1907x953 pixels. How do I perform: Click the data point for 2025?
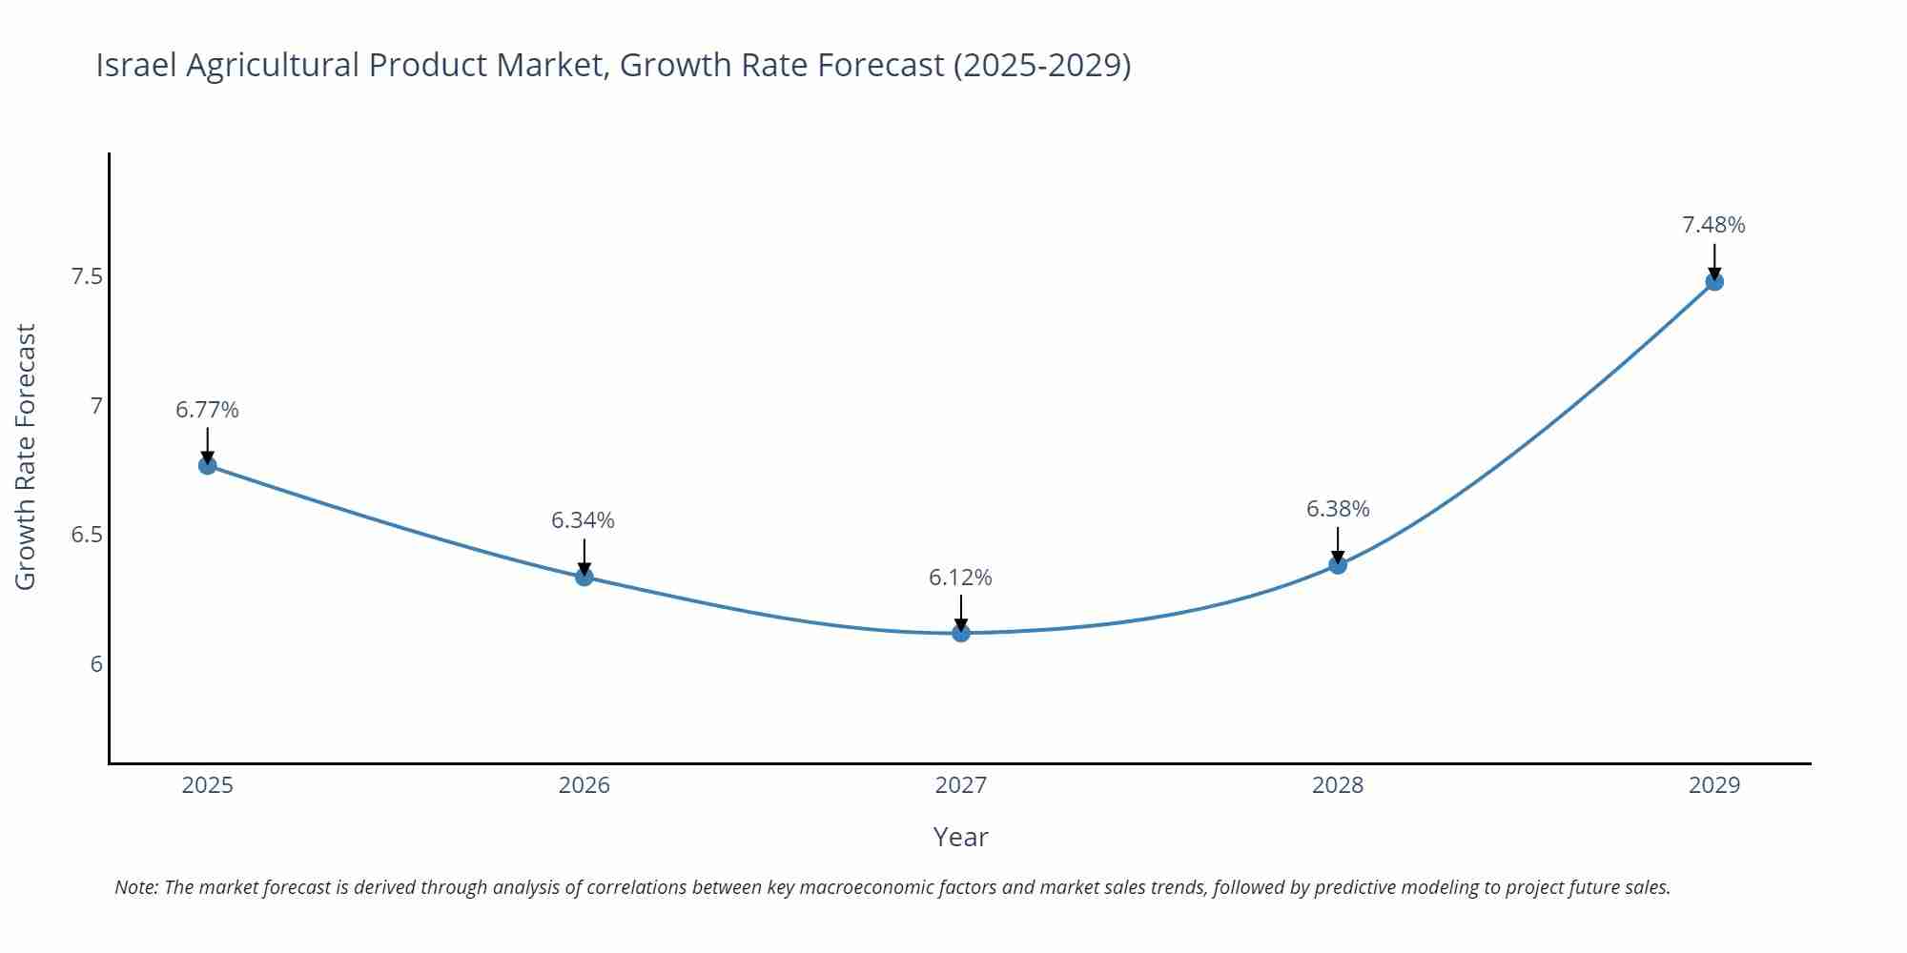pos(208,465)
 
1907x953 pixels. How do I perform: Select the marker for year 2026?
pos(584,577)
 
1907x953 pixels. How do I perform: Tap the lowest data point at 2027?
pos(961,633)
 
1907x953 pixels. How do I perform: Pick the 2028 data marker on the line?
pos(1338,565)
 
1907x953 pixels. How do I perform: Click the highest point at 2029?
pos(1714,281)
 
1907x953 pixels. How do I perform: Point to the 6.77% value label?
pos(207,410)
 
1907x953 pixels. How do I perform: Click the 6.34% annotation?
pos(583,520)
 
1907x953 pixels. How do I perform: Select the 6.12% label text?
pos(960,578)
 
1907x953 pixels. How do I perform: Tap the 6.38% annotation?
pos(1338,509)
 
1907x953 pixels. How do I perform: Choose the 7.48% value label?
pos(1713,225)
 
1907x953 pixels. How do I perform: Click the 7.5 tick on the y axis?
pos(87,277)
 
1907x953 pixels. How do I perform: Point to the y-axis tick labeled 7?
pos(95,406)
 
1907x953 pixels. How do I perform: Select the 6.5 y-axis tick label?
pos(87,535)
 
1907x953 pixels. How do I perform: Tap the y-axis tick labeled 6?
pos(95,664)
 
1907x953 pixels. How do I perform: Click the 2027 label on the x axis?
pos(960,785)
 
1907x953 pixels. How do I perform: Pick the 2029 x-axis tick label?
pos(1713,785)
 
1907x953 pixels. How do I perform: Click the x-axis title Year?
pos(960,837)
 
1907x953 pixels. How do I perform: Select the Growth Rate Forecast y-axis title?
pos(26,456)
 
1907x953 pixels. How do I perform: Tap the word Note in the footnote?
pos(135,887)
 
